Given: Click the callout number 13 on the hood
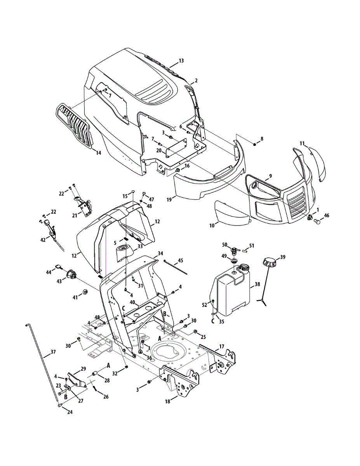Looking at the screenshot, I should tap(181, 61).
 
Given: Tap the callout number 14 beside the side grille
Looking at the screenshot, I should tap(98, 153).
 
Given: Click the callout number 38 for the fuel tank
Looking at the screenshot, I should tap(257, 284).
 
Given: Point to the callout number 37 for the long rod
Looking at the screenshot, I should tap(53, 352).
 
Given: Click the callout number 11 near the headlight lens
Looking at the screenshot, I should tap(302, 143).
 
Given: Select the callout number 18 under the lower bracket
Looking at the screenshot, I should tap(168, 402).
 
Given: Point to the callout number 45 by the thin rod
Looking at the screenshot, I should tap(181, 260).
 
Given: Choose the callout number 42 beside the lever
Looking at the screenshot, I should tap(43, 240).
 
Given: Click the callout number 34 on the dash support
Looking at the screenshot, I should tap(160, 253).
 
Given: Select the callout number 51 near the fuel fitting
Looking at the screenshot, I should tap(252, 245).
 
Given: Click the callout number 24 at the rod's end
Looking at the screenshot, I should tap(70, 412).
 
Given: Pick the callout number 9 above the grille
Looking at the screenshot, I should tap(270, 176).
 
